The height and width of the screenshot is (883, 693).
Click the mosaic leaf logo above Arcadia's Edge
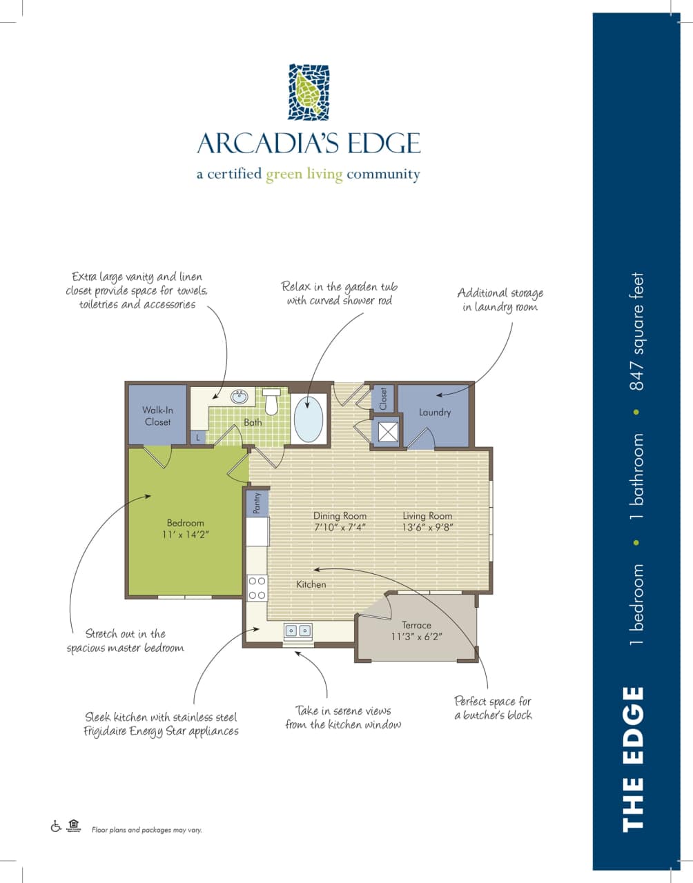coord(309,92)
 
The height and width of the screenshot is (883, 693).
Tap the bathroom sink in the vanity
coord(239,397)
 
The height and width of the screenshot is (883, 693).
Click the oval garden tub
coord(309,419)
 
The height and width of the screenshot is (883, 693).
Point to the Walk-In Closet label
coord(157,416)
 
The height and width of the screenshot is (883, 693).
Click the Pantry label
coord(257,503)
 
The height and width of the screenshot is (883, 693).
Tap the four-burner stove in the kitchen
coord(257,588)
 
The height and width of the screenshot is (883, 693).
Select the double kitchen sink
coord(298,631)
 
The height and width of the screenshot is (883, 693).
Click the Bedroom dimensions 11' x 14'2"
coord(185,534)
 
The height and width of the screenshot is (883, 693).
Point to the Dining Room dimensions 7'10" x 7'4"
coord(340,527)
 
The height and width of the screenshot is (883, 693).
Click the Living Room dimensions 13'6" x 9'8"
coord(427,527)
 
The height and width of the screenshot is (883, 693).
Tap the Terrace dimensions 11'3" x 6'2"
coord(416,636)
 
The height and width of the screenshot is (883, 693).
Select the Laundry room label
coord(435,413)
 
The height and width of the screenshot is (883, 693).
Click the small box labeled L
coord(197,437)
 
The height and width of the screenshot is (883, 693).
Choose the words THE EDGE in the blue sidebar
coord(633,758)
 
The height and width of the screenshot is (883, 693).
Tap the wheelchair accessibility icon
coord(56,826)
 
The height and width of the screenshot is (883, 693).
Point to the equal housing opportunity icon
coord(74,825)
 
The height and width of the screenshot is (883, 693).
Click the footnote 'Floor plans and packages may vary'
coord(146,830)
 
